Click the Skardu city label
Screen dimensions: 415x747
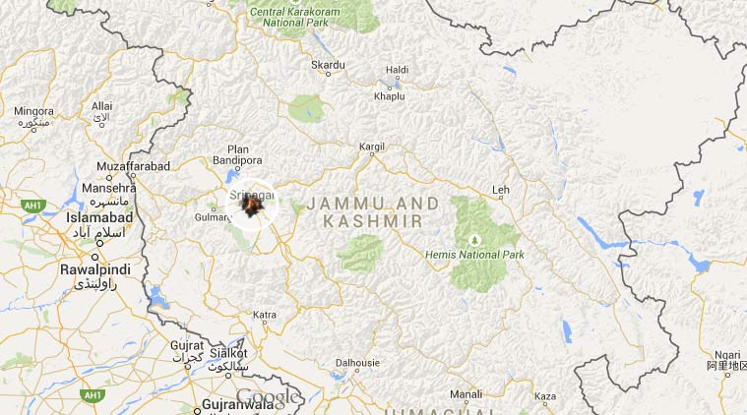pos(328,65)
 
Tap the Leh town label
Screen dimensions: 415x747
pos(502,189)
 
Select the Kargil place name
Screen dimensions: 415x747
pos(372,147)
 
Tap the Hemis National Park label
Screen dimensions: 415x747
pos(474,255)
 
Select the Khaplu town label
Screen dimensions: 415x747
pos(390,95)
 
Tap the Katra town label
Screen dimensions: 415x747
pos(265,315)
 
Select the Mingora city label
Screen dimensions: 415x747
pos(33,111)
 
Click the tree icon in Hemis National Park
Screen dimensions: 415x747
pos(475,239)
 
